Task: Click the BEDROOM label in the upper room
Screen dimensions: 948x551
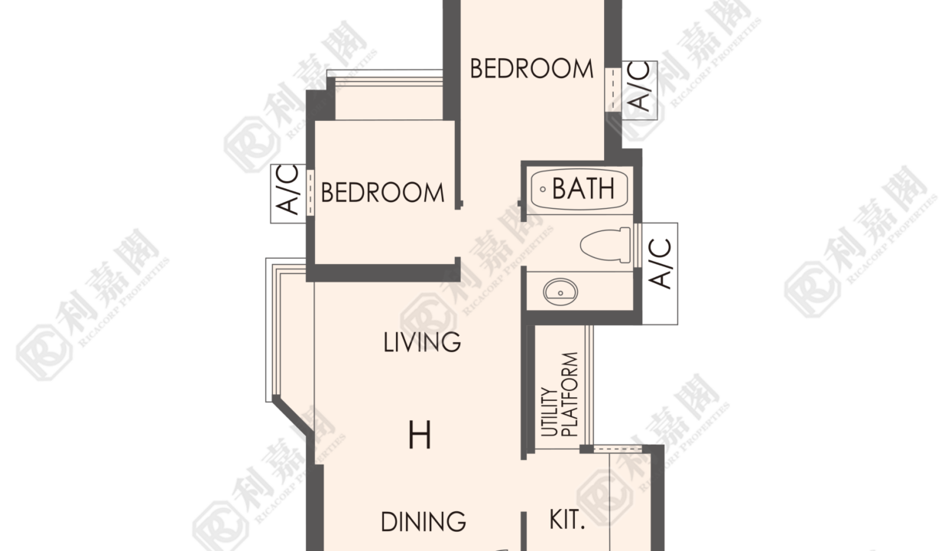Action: [x=531, y=69]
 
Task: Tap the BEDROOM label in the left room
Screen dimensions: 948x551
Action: [x=382, y=193]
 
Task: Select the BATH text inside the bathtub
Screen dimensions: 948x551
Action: [x=583, y=188]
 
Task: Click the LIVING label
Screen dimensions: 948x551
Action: [x=422, y=342]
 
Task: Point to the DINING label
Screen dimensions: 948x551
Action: [x=424, y=522]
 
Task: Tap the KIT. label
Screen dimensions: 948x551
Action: [x=567, y=520]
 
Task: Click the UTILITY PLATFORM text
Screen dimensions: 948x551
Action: [x=560, y=394]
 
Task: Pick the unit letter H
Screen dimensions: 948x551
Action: [x=420, y=435]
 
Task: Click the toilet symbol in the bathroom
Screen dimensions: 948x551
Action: [x=605, y=245]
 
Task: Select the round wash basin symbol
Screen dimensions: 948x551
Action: [x=560, y=292]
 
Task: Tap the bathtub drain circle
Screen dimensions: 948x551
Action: [x=543, y=189]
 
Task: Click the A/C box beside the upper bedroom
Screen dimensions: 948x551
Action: [x=639, y=90]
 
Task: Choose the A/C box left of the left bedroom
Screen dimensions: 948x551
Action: [x=288, y=194]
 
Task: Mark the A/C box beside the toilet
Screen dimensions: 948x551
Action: [x=660, y=274]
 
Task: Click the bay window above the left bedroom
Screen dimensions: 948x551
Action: [x=385, y=95]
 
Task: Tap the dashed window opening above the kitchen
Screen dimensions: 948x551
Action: [x=618, y=449]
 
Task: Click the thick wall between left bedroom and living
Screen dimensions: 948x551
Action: [x=383, y=272]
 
